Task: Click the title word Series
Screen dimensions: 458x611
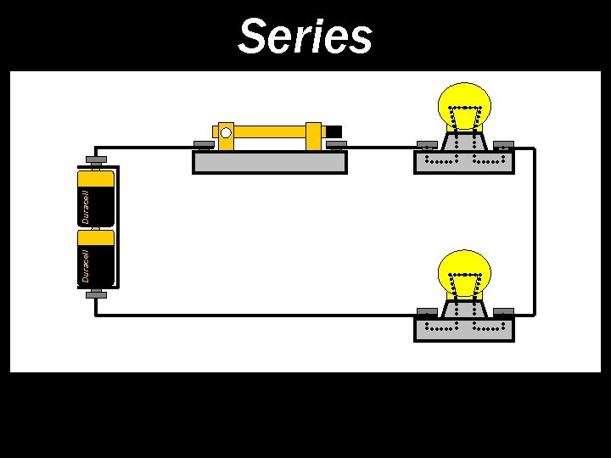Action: (x=305, y=36)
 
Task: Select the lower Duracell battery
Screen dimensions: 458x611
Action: (x=96, y=257)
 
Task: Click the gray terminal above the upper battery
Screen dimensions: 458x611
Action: (x=95, y=159)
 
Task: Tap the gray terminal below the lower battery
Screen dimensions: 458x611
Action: (x=95, y=295)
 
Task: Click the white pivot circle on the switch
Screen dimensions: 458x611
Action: (x=226, y=132)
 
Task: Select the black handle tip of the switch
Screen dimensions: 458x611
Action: (x=334, y=131)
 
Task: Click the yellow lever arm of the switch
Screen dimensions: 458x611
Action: (x=272, y=132)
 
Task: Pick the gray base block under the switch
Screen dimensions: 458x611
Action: (x=270, y=162)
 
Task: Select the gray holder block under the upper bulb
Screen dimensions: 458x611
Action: (x=463, y=161)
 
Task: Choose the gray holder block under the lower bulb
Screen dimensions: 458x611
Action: (x=463, y=328)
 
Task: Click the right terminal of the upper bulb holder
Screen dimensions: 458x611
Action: (x=503, y=144)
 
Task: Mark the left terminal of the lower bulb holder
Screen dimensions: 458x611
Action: (x=425, y=311)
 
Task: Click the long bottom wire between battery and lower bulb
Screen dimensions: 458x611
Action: (x=255, y=315)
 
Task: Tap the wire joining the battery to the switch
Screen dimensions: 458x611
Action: (x=144, y=148)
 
